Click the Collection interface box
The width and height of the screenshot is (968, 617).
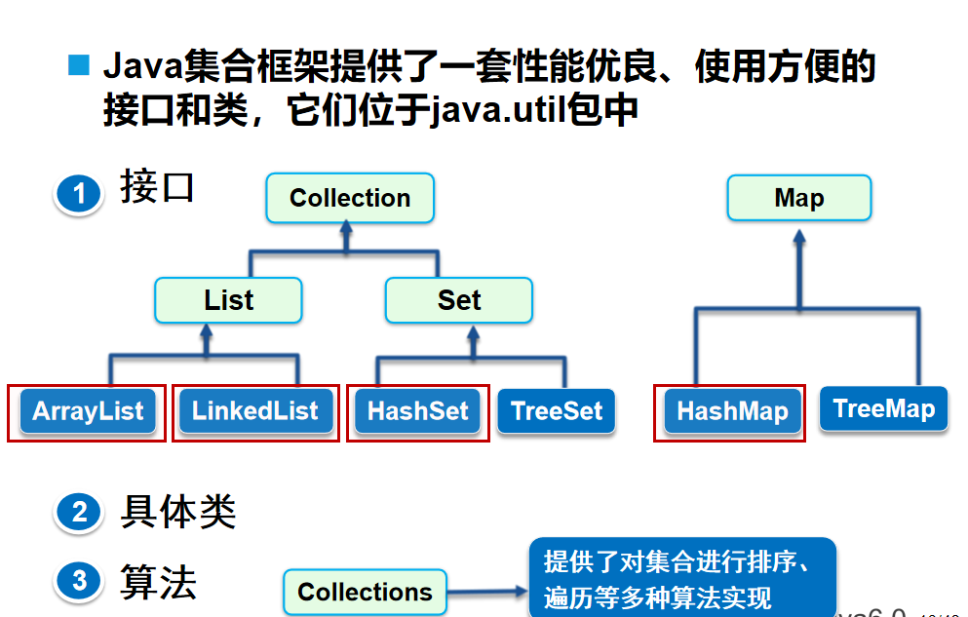pos(350,198)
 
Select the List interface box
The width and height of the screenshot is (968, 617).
pos(228,300)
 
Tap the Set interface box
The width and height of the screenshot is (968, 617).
pos(459,300)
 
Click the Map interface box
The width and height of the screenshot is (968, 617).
pos(799,198)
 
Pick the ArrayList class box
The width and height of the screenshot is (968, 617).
pos(88,410)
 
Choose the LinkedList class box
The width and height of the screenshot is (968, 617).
pos(255,410)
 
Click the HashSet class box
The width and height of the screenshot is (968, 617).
pos(418,410)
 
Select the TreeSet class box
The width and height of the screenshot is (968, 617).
pos(557,410)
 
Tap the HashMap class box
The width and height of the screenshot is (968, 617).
pos(732,410)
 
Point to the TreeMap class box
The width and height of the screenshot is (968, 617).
pos(884,407)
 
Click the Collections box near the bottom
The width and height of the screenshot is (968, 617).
pos(365,592)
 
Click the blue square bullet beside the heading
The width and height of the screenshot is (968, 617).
pos(78,66)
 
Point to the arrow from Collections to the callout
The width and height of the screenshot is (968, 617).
pos(487,591)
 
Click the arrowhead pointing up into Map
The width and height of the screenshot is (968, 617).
pos(799,239)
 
